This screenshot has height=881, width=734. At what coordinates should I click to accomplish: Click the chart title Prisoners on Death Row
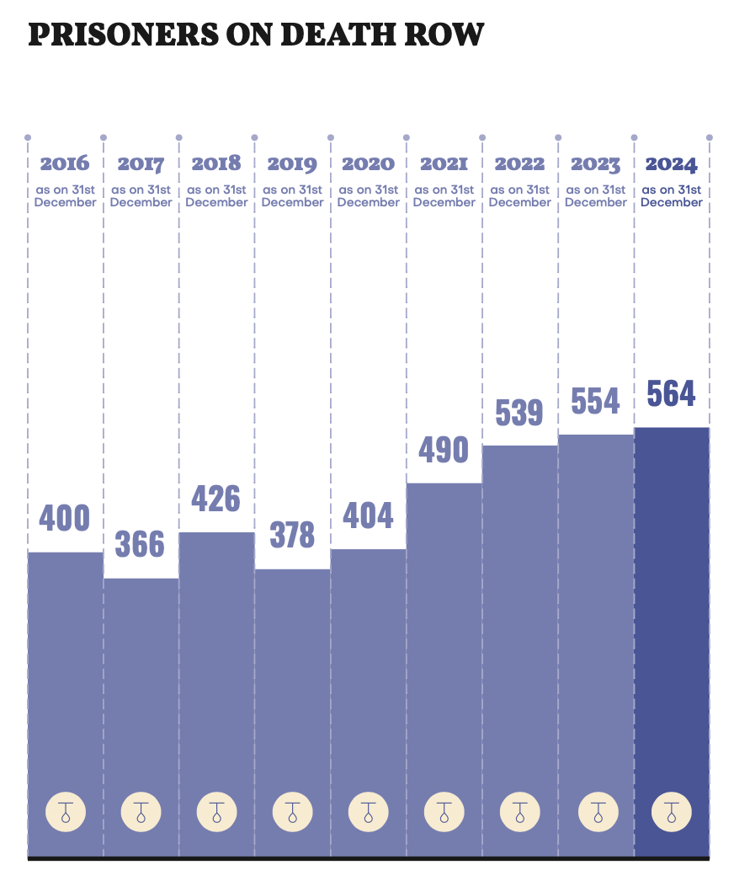point(256,35)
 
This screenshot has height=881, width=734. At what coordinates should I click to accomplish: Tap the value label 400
point(65,517)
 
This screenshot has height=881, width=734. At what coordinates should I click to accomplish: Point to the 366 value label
point(140,544)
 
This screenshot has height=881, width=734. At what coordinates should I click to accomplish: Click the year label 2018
point(216,163)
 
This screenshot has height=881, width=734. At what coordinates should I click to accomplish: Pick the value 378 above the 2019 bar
point(292,535)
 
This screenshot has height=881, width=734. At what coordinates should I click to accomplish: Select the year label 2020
point(368,163)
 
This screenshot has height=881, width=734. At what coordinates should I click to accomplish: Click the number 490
point(444,450)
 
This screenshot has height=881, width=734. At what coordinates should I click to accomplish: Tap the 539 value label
point(519,413)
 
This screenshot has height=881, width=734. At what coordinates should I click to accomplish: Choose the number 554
point(595,402)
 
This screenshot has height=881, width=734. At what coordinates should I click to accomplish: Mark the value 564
point(671,393)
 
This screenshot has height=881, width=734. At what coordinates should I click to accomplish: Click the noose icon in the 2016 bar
point(65,813)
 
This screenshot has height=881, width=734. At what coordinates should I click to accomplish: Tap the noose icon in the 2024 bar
point(671,813)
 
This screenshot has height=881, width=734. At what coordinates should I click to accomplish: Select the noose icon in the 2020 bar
point(368,813)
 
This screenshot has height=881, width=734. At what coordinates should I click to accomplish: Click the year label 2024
point(671,163)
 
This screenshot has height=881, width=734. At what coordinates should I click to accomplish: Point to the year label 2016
point(65,163)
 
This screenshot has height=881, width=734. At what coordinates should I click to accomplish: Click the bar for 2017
point(141,691)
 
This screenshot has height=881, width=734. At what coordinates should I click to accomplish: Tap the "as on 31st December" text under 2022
point(519,196)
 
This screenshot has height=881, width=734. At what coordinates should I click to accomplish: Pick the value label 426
point(216,499)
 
